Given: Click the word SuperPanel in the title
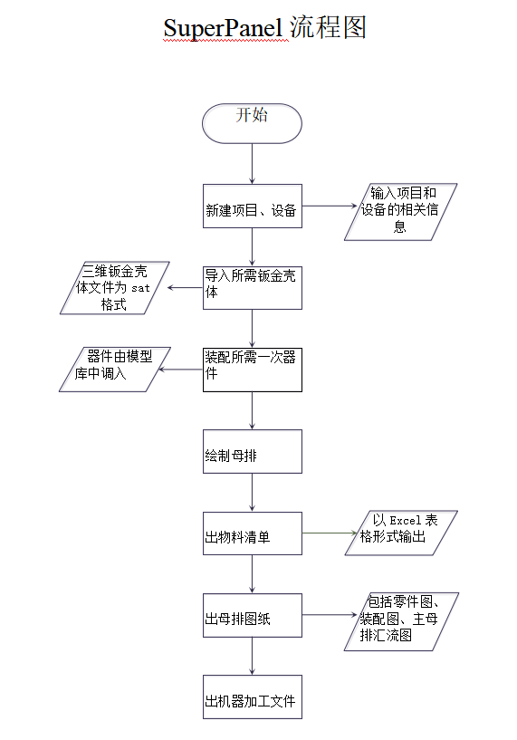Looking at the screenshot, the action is (223, 28).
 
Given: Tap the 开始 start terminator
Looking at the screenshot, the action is (252, 123).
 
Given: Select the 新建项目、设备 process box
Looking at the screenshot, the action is (253, 207).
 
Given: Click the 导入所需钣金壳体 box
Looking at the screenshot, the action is (253, 288).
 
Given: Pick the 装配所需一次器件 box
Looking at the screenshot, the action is (253, 370).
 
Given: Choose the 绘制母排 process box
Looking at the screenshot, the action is (253, 452).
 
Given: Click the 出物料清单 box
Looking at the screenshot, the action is (253, 533).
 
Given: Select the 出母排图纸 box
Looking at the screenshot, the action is (253, 615).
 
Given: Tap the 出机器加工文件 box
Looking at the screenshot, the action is (253, 697).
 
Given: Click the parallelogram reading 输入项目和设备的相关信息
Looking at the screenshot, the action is (401, 212).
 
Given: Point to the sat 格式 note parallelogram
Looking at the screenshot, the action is (115, 288).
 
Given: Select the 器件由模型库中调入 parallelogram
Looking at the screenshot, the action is (115, 370).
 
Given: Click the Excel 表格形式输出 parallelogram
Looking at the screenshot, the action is (401, 533).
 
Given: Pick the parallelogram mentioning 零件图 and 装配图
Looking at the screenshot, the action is (401, 621).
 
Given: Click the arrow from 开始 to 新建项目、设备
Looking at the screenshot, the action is (252, 164).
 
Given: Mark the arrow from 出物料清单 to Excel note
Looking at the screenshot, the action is (330, 533).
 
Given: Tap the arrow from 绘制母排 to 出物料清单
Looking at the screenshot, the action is (252, 493).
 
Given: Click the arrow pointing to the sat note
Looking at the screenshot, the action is (185, 287).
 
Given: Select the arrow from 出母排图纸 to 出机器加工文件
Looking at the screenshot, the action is (252, 656).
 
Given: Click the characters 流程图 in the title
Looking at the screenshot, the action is (328, 27).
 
